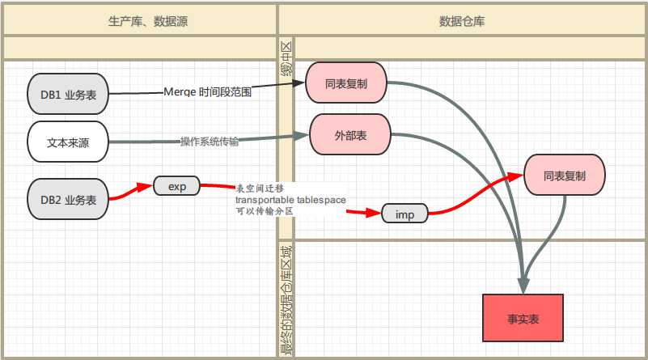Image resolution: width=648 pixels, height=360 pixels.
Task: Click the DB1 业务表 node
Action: click(68, 94)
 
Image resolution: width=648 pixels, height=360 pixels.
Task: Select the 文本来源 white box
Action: click(68, 142)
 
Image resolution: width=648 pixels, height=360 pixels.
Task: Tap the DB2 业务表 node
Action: click(68, 199)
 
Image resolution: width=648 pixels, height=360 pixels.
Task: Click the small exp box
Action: click(177, 186)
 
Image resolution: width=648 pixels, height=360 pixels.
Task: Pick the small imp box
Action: click(404, 214)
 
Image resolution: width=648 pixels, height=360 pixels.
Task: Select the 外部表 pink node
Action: click(350, 134)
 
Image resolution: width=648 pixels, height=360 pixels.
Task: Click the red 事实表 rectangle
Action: click(523, 318)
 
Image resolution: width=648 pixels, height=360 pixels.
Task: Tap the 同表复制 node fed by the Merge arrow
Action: click(346, 83)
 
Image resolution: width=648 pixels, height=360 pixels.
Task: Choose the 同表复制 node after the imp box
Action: click(565, 175)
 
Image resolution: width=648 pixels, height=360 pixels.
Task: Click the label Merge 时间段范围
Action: click(207, 91)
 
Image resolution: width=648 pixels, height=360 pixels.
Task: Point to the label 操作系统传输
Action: click(209, 142)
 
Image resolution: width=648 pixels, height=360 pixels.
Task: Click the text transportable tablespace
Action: click(290, 200)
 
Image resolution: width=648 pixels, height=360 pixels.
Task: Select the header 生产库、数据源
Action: click(148, 21)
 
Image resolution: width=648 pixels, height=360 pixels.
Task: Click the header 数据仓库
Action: click(462, 21)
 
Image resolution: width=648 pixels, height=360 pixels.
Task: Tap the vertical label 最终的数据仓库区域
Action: click(286, 300)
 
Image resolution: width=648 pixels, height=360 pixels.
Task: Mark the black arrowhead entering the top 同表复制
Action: click(299, 83)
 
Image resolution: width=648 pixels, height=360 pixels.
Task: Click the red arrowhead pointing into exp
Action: click(145, 187)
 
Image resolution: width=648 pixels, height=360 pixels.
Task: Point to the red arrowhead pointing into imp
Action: click(373, 213)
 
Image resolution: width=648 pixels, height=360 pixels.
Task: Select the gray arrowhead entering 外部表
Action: click(302, 135)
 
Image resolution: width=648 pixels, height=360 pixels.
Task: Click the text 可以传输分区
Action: click(265, 211)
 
